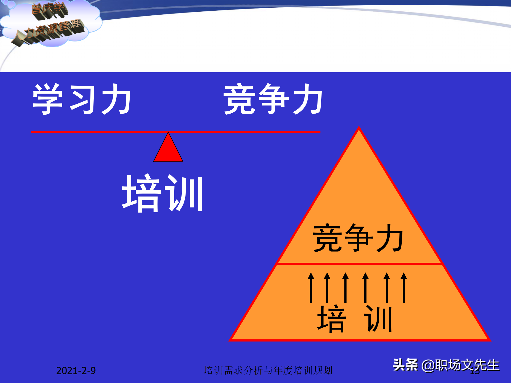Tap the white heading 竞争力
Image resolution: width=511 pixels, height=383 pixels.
pyautogui.click(x=273, y=99)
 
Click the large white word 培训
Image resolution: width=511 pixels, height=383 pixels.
pyautogui.click(x=163, y=194)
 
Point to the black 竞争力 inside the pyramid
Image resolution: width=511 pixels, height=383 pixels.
pyautogui.click(x=358, y=238)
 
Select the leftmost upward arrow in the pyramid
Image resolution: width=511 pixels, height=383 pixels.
pyautogui.click(x=311, y=288)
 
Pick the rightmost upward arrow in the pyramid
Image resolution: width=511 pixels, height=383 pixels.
pyautogui.click(x=404, y=288)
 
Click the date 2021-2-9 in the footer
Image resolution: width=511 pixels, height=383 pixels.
pyautogui.click(x=76, y=370)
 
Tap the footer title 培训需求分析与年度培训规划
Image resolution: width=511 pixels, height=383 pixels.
pyautogui.click(x=268, y=370)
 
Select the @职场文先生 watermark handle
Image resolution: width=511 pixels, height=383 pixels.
pyautogui.click(x=460, y=365)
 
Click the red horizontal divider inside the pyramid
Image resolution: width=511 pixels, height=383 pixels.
pyautogui.click(x=359, y=264)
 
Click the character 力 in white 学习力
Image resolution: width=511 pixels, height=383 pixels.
pyautogui.click(x=116, y=99)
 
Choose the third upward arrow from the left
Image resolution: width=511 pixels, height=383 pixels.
pyautogui.click(x=345, y=288)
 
